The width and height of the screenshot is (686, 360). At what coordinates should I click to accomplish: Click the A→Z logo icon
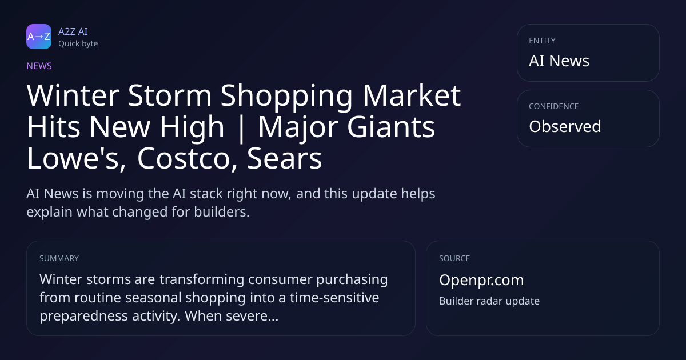click(x=39, y=37)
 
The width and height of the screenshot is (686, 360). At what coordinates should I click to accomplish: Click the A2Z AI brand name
click(x=73, y=31)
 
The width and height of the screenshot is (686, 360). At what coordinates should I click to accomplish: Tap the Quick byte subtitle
click(x=78, y=44)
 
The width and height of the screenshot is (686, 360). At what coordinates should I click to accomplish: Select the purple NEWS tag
click(x=39, y=66)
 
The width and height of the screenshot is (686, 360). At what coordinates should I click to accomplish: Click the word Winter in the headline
click(x=73, y=95)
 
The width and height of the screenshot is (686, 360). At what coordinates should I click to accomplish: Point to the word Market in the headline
click(x=412, y=95)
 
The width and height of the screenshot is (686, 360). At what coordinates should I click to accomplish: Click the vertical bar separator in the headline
click(x=241, y=128)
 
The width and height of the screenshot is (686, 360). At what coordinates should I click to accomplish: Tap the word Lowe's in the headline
click(x=76, y=159)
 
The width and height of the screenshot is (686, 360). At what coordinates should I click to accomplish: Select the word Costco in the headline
click(x=188, y=159)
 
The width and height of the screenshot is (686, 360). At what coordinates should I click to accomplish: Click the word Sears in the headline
click(x=285, y=159)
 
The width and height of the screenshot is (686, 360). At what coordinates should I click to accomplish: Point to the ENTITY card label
click(x=542, y=41)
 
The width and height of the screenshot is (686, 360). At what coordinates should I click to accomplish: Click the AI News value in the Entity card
click(x=559, y=61)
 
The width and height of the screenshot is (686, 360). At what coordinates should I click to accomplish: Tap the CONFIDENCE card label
click(x=554, y=106)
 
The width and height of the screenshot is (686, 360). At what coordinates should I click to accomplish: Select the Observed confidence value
click(x=565, y=126)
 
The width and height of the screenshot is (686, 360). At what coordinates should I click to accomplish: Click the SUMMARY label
click(x=59, y=258)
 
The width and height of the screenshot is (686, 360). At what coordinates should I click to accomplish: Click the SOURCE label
click(x=454, y=258)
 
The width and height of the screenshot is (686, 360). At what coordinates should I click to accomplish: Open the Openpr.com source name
click(x=481, y=280)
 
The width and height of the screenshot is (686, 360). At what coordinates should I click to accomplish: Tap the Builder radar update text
click(x=489, y=301)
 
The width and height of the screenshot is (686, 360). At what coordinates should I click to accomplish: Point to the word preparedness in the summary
click(x=83, y=316)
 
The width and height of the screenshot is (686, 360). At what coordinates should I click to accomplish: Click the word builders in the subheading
click(x=222, y=212)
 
